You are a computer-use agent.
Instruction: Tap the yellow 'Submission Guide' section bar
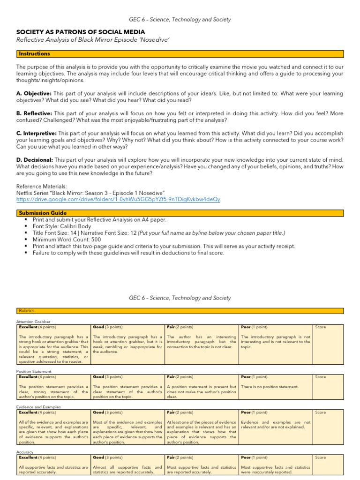pyautogui.click(x=180, y=213)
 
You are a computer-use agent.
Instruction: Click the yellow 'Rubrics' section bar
pyautogui.click(x=180, y=310)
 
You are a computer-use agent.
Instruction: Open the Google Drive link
pyautogui.click(x=118, y=199)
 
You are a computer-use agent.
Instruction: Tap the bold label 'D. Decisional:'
pyautogui.click(x=35, y=160)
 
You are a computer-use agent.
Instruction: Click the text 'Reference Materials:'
pyautogui.click(x=38, y=186)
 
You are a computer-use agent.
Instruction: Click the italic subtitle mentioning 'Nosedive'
pyautogui.click(x=93, y=40)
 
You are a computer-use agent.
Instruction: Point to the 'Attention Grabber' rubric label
pyautogui.click(x=33, y=322)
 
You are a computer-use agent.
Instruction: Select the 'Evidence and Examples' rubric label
pyautogui.click(x=38, y=407)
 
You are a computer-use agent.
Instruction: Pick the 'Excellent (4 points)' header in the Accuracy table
pyautogui.click(x=37, y=457)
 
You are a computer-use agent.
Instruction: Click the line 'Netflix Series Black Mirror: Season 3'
pyautogui.click(x=90, y=193)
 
